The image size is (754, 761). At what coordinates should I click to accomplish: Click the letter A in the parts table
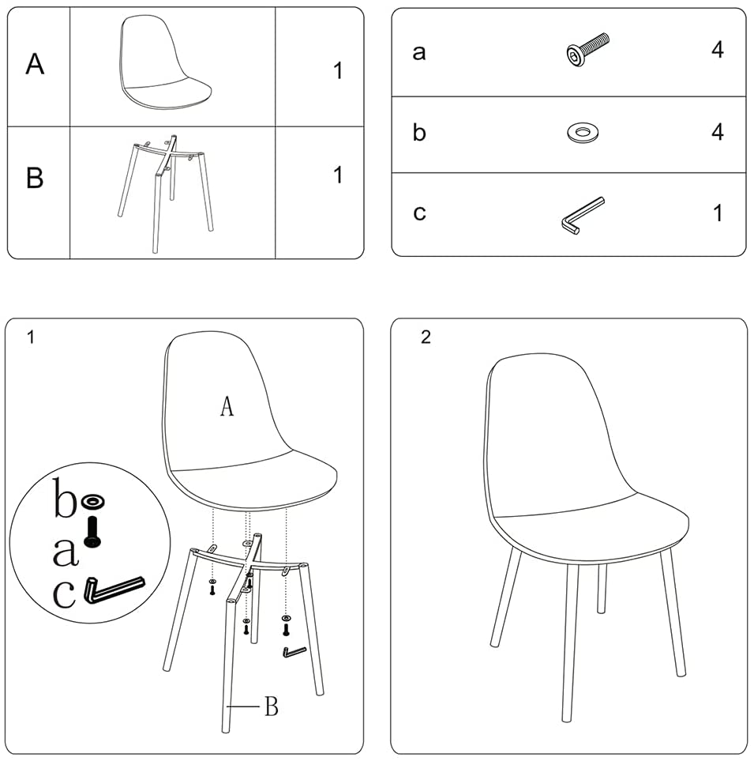tap(35, 64)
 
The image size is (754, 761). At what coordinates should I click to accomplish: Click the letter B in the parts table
tap(35, 178)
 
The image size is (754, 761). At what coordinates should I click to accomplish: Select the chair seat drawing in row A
tap(164, 62)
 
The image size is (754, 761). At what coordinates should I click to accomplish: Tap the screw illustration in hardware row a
tap(587, 49)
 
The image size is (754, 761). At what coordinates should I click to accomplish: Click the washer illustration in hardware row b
tap(583, 132)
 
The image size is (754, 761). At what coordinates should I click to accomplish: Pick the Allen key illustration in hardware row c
tap(582, 215)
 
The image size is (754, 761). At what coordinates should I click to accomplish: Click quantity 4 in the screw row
tap(718, 50)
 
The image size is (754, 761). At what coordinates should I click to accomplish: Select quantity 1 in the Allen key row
tap(718, 213)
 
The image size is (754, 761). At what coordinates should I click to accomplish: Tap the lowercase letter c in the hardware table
tap(419, 213)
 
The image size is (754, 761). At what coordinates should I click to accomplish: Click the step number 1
tap(31, 337)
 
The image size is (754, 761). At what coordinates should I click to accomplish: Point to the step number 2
tap(426, 337)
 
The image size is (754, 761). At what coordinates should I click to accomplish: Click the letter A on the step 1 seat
tap(227, 406)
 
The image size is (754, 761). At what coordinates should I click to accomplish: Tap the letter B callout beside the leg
tap(272, 706)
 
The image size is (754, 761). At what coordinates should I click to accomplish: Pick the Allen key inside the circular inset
tap(112, 590)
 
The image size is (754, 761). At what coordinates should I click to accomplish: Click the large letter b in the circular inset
tap(65, 497)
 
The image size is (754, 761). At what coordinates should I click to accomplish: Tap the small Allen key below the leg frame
tap(294, 652)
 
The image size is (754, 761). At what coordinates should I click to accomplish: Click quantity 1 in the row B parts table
tap(338, 175)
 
